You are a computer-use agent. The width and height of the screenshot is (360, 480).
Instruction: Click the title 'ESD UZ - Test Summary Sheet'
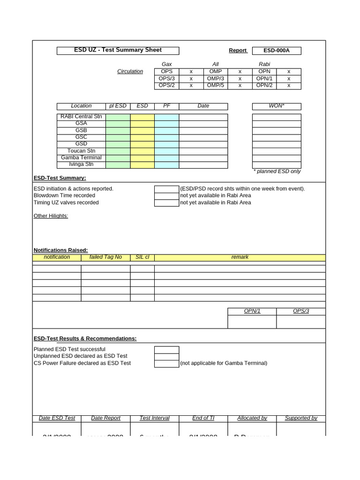[x=118, y=50]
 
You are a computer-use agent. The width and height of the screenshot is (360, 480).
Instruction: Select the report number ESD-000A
[x=276, y=51]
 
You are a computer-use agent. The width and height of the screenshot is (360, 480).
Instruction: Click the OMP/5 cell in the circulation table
[x=216, y=85]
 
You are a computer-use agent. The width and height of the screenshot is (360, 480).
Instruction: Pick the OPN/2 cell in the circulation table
[x=264, y=85]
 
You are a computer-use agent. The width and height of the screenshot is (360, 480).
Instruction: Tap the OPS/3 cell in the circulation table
[x=166, y=79]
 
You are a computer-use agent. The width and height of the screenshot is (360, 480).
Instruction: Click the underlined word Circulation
[x=130, y=72]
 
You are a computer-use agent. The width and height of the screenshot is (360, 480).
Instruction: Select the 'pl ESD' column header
[x=118, y=106]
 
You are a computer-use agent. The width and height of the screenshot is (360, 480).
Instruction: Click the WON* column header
[x=277, y=106]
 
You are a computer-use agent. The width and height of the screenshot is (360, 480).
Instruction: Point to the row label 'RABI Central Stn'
[x=81, y=117]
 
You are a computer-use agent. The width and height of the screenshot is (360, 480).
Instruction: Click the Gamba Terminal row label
[x=81, y=158]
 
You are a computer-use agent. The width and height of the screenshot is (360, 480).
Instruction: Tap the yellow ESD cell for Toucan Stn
[x=142, y=151]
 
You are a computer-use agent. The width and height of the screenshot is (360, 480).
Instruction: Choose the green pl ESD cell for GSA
[x=118, y=124]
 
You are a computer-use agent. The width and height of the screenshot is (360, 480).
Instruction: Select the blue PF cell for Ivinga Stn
[x=166, y=165]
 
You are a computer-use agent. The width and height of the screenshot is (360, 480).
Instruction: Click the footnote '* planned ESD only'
[x=277, y=172]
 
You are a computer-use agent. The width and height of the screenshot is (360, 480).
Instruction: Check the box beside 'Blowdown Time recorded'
[x=166, y=196]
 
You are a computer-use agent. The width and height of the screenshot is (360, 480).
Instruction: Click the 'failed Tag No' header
[x=105, y=257]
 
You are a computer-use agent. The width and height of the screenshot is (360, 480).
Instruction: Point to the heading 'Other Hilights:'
[x=51, y=216]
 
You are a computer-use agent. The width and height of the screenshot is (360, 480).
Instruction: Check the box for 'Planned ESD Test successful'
[x=166, y=350]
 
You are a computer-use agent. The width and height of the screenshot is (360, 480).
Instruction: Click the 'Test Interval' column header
[x=154, y=418]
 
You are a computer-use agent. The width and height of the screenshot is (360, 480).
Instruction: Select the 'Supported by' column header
[x=301, y=418]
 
